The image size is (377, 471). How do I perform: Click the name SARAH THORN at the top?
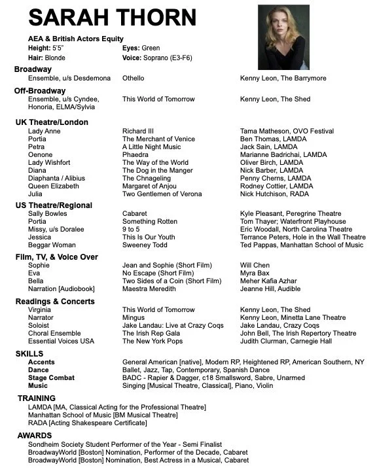click(112, 18)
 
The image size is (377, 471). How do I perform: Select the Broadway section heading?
click(33, 69)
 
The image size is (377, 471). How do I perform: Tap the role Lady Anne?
click(43, 131)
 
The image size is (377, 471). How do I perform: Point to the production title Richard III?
click(138, 131)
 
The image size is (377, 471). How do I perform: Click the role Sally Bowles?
click(47, 213)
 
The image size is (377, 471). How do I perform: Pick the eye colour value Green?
click(151, 48)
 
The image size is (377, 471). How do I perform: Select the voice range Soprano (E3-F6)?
click(174, 58)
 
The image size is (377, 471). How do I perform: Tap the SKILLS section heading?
click(29, 353)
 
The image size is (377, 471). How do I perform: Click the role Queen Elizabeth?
click(54, 186)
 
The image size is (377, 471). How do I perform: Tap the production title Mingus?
click(134, 317)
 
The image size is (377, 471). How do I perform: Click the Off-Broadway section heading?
click(40, 90)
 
